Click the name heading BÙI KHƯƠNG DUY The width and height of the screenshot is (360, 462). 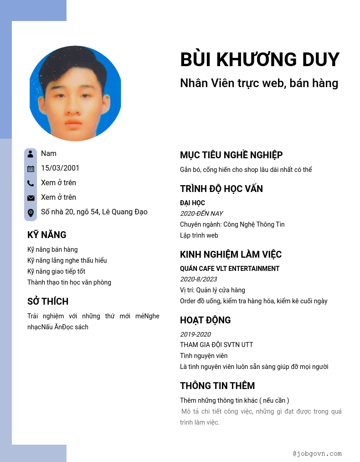260,60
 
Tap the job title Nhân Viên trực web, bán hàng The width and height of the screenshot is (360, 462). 259,83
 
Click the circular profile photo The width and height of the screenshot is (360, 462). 75,93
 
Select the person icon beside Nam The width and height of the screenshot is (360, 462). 31,154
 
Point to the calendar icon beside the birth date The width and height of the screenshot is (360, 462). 31,169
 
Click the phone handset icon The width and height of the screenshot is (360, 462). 31,183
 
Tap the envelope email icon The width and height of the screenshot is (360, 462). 31,198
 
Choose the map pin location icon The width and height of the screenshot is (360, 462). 31,213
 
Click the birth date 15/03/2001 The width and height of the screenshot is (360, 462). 60,168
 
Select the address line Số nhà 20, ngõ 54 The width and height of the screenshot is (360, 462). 94,212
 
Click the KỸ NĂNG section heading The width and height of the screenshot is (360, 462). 47,235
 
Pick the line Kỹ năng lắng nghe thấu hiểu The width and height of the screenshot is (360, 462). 67,260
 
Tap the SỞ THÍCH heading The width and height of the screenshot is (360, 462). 48,301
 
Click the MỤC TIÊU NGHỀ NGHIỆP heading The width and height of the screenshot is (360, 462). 231,155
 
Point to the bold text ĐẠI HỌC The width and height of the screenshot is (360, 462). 192,203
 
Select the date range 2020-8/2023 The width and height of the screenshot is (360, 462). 198,279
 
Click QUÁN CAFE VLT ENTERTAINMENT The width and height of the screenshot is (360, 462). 230,269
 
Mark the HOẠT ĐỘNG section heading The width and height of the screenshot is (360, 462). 205,320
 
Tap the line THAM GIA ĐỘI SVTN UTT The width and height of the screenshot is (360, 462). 216,345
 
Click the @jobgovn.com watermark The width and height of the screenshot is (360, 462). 317,454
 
